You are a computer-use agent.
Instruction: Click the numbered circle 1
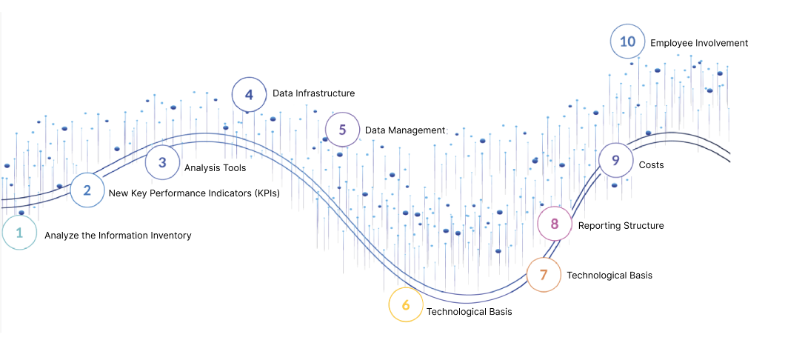pyautogui.click(x=19, y=233)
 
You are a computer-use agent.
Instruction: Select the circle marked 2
pyautogui.click(x=87, y=190)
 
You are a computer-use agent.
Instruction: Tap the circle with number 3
pyautogui.click(x=162, y=163)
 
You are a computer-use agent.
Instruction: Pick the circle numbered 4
pyautogui.click(x=249, y=95)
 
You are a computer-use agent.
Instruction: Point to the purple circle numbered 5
pyautogui.click(x=342, y=130)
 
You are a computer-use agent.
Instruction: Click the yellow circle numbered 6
pyautogui.click(x=406, y=305)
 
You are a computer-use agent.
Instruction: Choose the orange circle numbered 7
pyautogui.click(x=544, y=275)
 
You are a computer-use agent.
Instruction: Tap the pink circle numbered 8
pyautogui.click(x=555, y=224)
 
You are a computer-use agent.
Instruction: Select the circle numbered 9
pyautogui.click(x=615, y=160)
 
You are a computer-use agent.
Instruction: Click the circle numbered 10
pyautogui.click(x=627, y=41)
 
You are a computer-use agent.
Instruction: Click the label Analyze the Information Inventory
pyautogui.click(x=118, y=236)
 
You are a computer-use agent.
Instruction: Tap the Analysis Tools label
pyautogui.click(x=215, y=168)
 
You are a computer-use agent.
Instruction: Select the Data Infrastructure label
pyautogui.click(x=313, y=93)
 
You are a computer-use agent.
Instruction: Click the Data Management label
pyautogui.click(x=406, y=130)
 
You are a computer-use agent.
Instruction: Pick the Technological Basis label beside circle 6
pyautogui.click(x=469, y=312)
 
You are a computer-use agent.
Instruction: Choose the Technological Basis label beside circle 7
pyautogui.click(x=609, y=276)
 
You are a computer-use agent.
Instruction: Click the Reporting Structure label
pyautogui.click(x=621, y=226)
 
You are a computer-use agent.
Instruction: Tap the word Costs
pyautogui.click(x=651, y=165)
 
